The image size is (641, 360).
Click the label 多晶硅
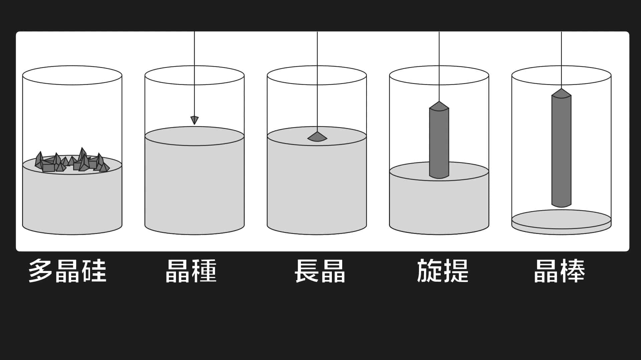tap(67, 271)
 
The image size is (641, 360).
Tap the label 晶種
tap(191, 271)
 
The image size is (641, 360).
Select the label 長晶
tap(320, 271)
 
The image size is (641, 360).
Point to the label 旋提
tap(443, 271)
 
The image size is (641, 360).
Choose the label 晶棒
tap(560, 271)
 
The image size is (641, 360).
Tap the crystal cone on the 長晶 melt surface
tap(317, 137)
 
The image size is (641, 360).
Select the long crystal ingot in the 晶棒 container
tap(561, 148)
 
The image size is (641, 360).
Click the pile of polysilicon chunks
tap(72, 161)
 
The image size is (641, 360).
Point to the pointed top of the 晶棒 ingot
tap(561, 89)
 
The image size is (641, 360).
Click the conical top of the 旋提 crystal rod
tap(439, 106)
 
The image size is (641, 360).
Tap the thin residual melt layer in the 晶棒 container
tap(561, 222)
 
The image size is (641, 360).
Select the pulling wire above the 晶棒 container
tap(561, 60)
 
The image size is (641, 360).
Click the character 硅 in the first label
tap(95, 271)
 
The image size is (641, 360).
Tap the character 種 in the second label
tap(204, 271)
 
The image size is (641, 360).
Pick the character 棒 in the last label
tap(573, 271)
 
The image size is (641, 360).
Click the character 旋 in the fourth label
tap(429, 271)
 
